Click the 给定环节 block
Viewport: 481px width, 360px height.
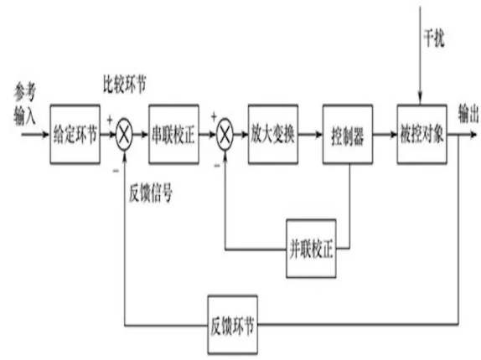click(x=75, y=134)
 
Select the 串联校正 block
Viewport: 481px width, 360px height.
click(x=174, y=134)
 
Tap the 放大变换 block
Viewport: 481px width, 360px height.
click(x=273, y=134)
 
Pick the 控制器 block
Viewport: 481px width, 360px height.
click(x=348, y=134)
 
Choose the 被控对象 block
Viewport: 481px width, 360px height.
click(x=422, y=134)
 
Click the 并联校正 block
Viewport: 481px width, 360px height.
click(x=311, y=249)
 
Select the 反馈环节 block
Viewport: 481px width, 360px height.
click(x=232, y=325)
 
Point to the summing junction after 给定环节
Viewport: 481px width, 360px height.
click(x=124, y=135)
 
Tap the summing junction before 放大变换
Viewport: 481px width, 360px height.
click(x=225, y=135)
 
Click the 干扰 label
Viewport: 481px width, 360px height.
click(x=434, y=39)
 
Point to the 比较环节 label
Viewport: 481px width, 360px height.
click(x=125, y=84)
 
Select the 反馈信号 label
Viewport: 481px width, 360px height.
click(x=151, y=193)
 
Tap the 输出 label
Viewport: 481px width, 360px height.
click(x=468, y=114)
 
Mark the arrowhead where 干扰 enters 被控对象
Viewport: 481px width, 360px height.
click(x=421, y=100)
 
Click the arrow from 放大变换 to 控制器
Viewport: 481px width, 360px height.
click(x=310, y=135)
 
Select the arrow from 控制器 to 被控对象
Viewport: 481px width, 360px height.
click(x=385, y=135)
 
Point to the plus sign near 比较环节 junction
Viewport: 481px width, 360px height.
click(x=110, y=120)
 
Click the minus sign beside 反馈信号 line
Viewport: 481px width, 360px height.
click(x=116, y=171)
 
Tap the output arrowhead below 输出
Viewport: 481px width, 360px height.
click(x=474, y=135)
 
